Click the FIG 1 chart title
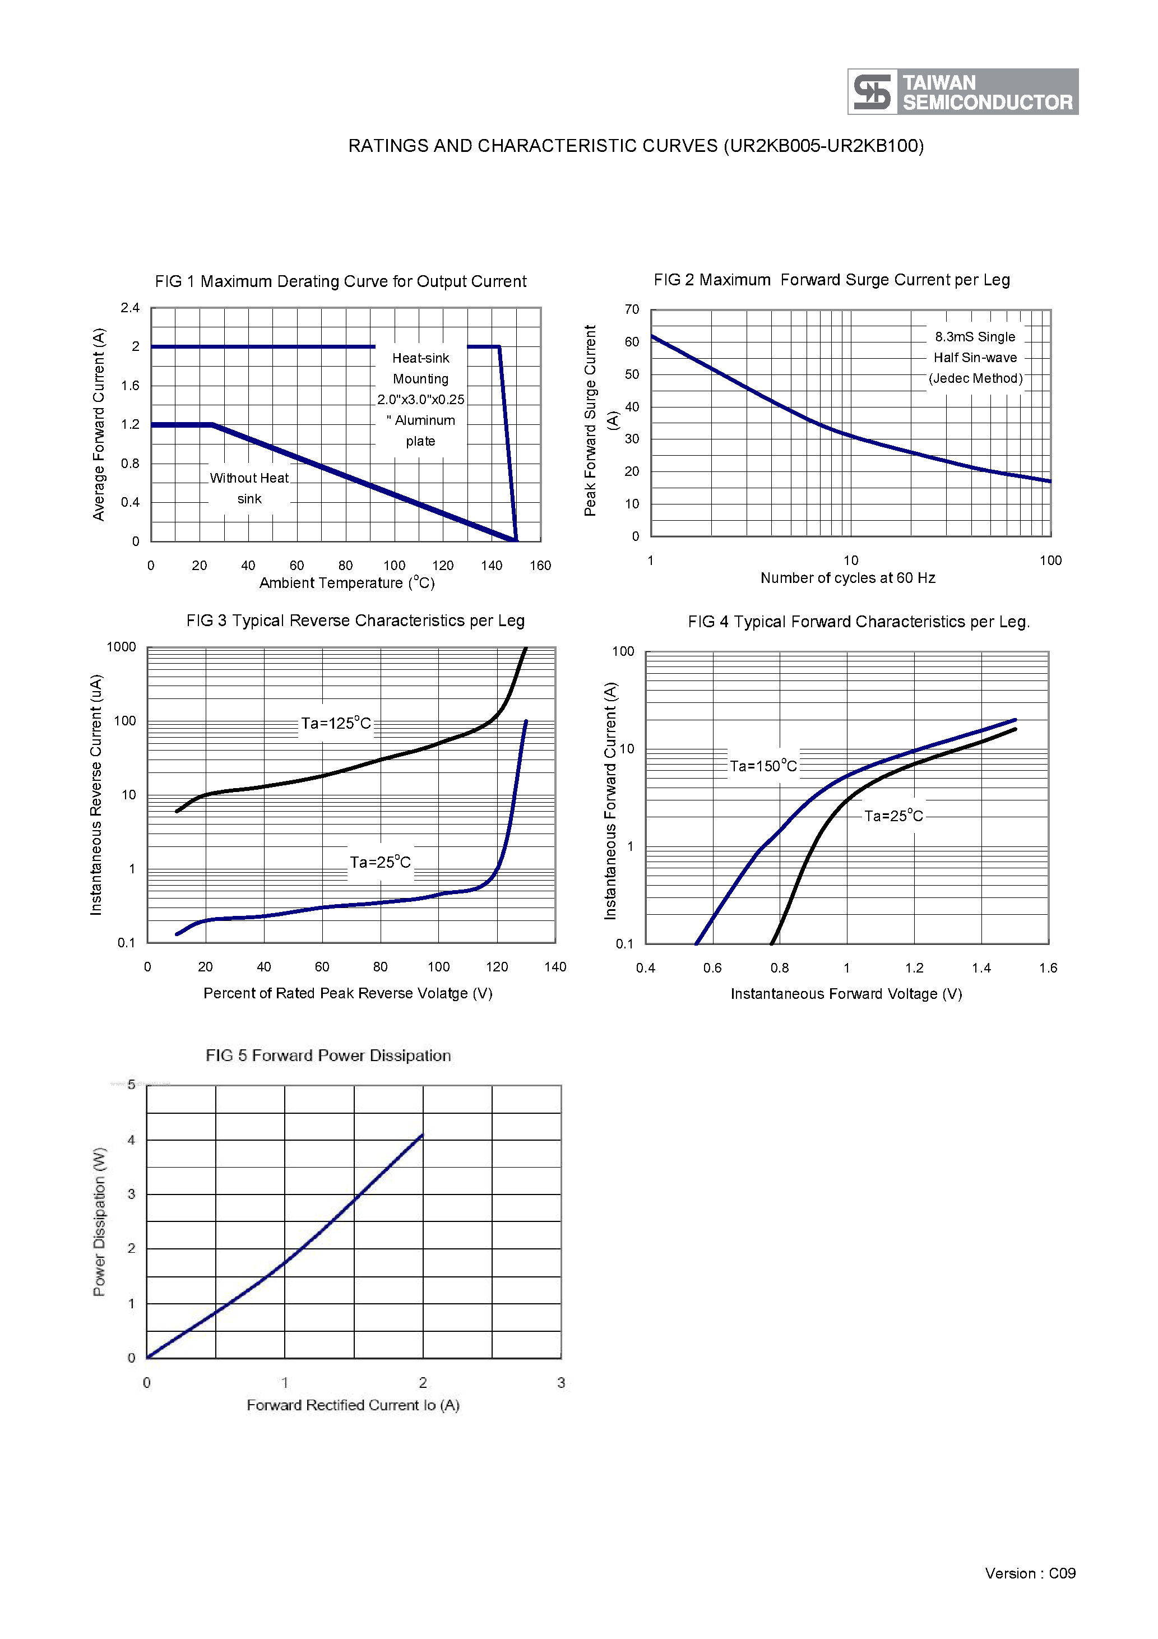[x=341, y=281]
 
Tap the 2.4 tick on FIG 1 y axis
[x=130, y=308]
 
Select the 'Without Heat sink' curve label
[x=249, y=488]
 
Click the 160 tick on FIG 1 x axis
[x=540, y=566]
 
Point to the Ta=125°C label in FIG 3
[x=336, y=723]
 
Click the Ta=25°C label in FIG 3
[x=380, y=862]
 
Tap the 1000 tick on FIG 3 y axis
[x=122, y=647]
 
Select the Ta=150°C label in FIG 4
[x=763, y=766]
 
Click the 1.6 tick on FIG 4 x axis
[x=1048, y=968]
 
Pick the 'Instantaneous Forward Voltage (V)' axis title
[x=846, y=994]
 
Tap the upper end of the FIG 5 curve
[x=422, y=1135]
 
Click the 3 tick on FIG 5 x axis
[x=561, y=1383]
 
